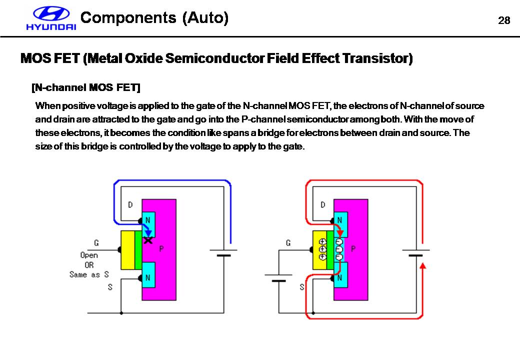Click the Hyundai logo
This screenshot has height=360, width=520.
pyautogui.click(x=51, y=19)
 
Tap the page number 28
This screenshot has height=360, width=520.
pyautogui.click(x=504, y=20)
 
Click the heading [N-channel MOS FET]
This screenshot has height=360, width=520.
pyautogui.click(x=85, y=88)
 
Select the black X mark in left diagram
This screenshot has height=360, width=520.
pyautogui.click(x=148, y=240)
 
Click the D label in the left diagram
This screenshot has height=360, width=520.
pyautogui.click(x=130, y=204)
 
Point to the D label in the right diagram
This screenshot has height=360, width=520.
pyautogui.click(x=323, y=204)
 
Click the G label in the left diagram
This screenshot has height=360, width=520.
pyautogui.click(x=96, y=243)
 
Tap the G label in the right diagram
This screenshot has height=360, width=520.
pyautogui.click(x=288, y=243)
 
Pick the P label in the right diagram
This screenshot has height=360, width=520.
pyautogui.click(x=353, y=248)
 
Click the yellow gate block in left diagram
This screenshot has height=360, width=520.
pyautogui.click(x=128, y=250)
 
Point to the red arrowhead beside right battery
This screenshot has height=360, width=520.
pyautogui.click(x=423, y=265)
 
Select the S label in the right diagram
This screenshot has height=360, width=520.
pyautogui.click(x=301, y=287)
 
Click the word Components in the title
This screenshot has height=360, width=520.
pyautogui.click(x=128, y=18)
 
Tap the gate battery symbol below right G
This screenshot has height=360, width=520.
pyautogui.click(x=274, y=277)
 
